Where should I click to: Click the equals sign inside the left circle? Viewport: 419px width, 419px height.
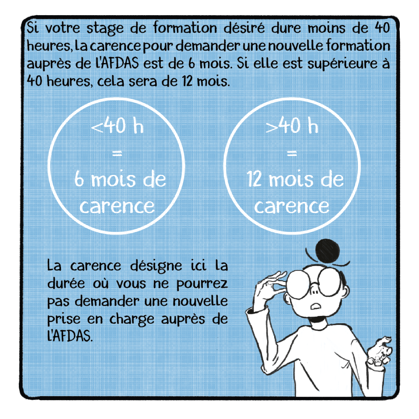tap(117, 153)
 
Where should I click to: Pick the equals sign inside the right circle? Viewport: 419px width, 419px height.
tap(292, 153)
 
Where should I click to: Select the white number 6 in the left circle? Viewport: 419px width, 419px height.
tap(79, 179)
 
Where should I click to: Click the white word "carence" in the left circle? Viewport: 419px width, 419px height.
tap(117, 207)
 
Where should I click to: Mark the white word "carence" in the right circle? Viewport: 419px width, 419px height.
tap(291, 207)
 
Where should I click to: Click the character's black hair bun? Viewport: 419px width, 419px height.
tap(327, 251)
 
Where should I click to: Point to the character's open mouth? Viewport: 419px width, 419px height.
tap(316, 305)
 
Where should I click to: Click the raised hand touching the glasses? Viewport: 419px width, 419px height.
tap(270, 286)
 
